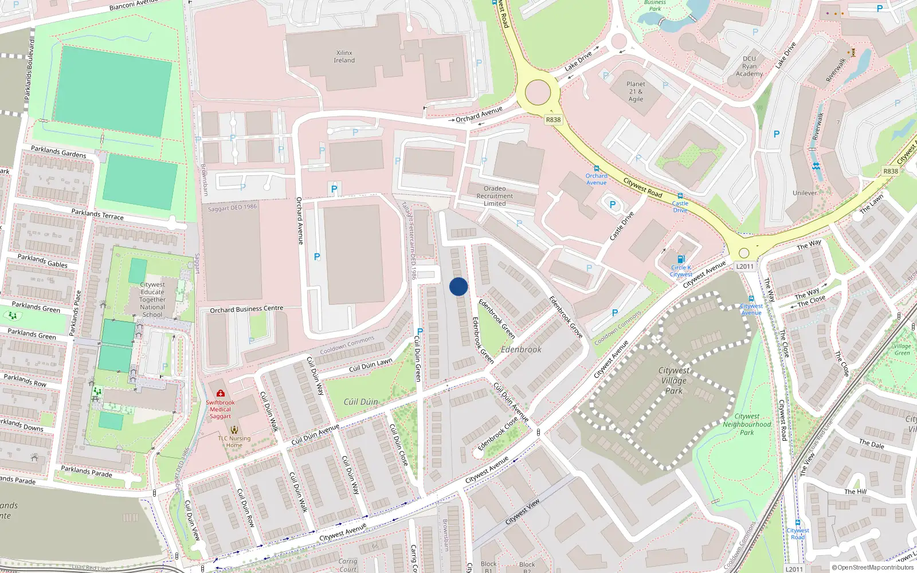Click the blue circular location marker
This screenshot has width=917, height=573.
click(x=458, y=286)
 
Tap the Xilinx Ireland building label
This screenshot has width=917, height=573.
click(x=344, y=57)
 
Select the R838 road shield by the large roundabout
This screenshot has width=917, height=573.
click(x=553, y=120)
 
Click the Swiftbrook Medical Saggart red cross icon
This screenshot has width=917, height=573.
click(x=221, y=393)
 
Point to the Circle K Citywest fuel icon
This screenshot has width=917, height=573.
click(x=681, y=259)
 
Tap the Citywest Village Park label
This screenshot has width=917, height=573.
click(x=674, y=380)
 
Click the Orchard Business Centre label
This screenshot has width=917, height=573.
click(x=246, y=309)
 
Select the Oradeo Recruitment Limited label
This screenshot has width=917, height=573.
click(x=495, y=196)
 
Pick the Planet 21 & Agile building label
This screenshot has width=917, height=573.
click(x=636, y=92)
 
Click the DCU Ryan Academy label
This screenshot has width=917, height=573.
click(x=749, y=66)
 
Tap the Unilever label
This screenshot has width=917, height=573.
click(x=805, y=193)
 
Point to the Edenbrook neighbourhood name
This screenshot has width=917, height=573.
click(x=521, y=350)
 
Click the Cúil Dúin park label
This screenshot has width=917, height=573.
click(x=360, y=402)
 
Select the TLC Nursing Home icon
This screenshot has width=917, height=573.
click(x=234, y=429)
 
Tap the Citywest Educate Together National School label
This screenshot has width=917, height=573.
click(x=152, y=299)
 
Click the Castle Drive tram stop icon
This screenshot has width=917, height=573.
click(x=680, y=196)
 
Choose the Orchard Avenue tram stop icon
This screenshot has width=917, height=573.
click(x=597, y=168)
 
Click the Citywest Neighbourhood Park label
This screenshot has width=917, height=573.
click(x=747, y=425)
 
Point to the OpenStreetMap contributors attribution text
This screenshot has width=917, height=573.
click(x=873, y=567)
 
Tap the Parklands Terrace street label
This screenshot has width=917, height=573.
click(x=97, y=214)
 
